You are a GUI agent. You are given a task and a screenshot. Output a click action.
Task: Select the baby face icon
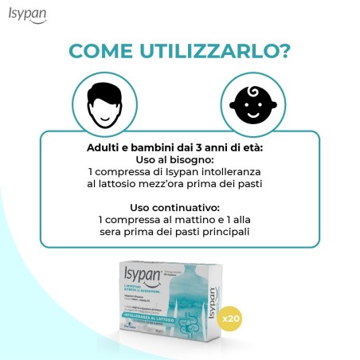(252, 106)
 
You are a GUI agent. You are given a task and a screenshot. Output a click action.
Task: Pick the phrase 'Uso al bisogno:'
(179, 158)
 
